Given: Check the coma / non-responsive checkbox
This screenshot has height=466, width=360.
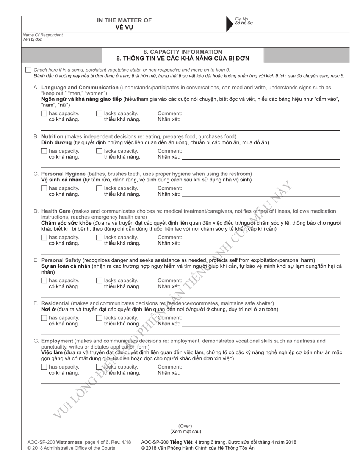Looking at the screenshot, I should click(x=28, y=70).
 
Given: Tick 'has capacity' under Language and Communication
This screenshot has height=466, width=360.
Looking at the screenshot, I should click(x=44, y=113).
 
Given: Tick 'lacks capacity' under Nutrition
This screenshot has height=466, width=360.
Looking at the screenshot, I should click(x=99, y=151).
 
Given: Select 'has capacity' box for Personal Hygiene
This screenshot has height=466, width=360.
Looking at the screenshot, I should click(x=44, y=188).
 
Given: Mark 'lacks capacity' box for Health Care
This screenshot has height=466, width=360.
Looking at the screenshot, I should click(x=99, y=238).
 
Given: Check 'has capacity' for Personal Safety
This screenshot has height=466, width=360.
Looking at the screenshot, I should click(x=44, y=281).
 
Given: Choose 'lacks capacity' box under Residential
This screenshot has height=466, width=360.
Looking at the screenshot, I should click(x=99, y=318).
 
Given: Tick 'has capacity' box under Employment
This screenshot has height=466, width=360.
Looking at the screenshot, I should click(x=44, y=367).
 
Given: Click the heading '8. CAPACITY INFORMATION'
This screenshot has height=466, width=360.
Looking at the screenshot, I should click(x=183, y=52).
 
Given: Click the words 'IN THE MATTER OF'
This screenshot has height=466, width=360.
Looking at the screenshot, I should click(x=124, y=20).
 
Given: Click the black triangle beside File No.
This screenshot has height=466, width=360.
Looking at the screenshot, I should click(x=229, y=23).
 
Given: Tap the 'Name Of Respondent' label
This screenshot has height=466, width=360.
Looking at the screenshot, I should click(x=43, y=35).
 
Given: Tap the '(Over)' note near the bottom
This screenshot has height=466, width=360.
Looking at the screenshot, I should click(x=185, y=426).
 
